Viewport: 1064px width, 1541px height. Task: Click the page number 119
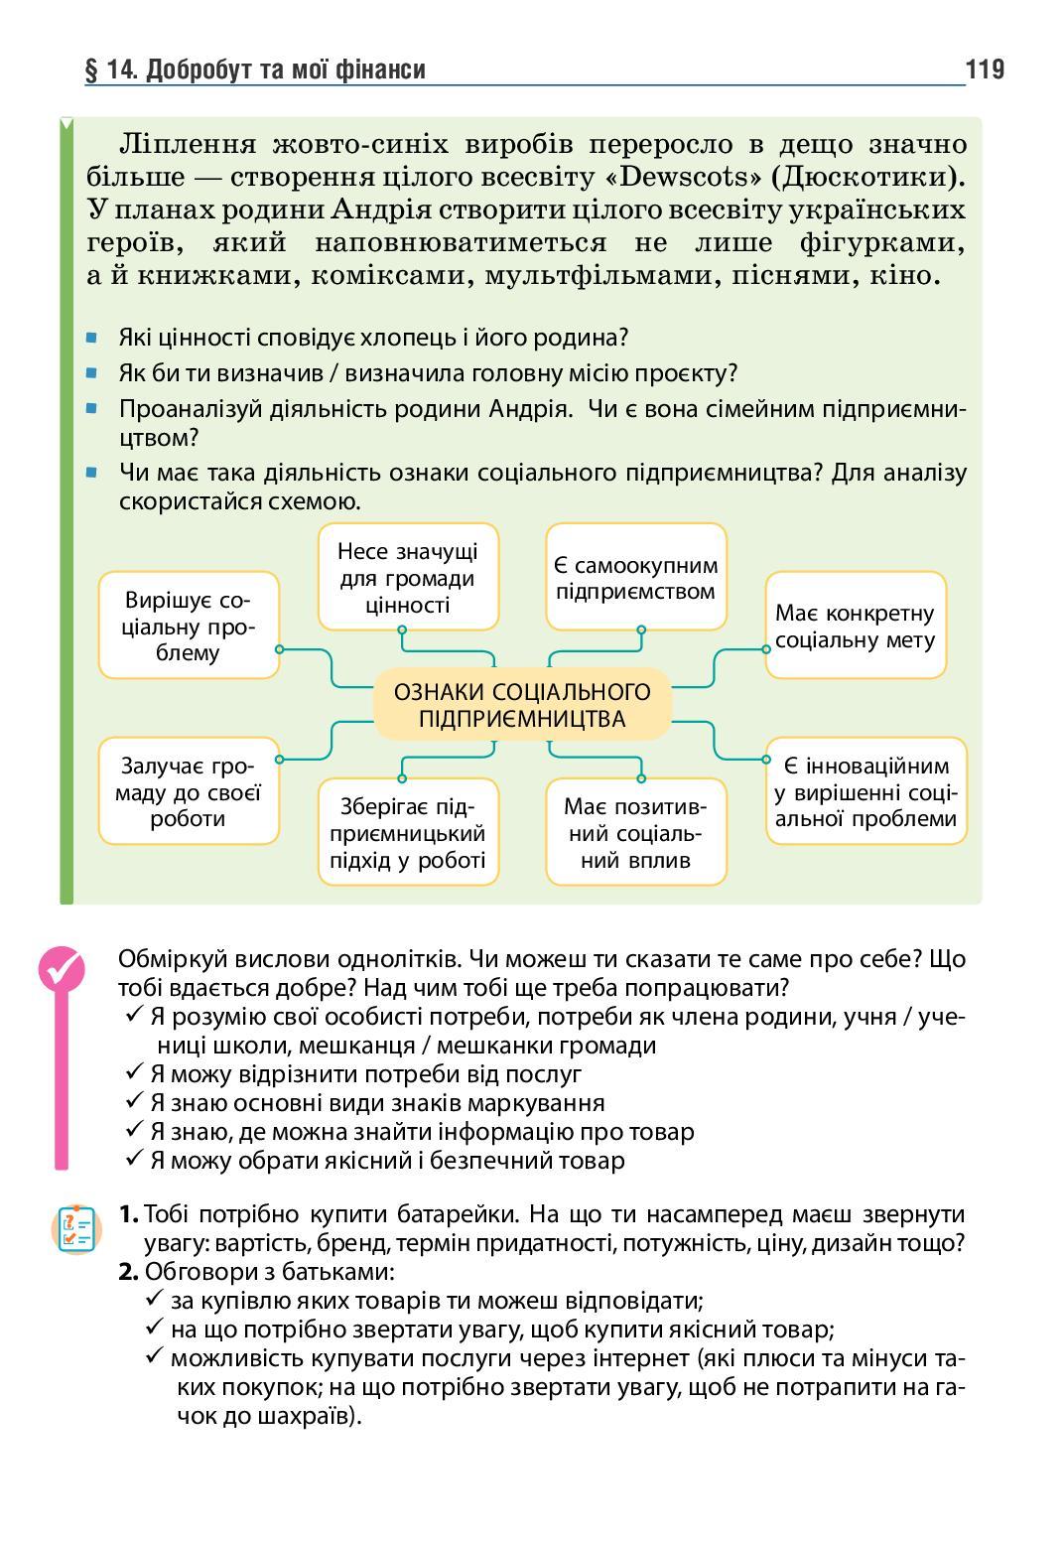pos(984,70)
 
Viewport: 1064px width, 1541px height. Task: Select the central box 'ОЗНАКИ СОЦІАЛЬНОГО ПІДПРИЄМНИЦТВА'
pos(522,705)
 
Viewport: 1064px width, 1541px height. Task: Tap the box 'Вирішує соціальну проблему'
pos(189,627)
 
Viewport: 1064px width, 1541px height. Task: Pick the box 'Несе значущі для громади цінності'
pos(408,578)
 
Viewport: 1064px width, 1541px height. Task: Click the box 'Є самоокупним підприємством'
pos(635,578)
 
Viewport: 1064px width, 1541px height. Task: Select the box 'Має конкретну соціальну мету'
pos(856,627)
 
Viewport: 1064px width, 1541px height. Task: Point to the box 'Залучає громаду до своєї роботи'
pos(189,791)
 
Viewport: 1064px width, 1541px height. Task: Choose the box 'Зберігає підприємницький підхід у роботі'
pos(408,832)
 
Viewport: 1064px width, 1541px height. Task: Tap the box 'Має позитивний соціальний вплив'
pos(635,832)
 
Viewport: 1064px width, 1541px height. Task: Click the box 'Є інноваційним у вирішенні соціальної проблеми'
pos(866,791)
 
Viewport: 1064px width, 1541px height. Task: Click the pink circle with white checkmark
pos(62,967)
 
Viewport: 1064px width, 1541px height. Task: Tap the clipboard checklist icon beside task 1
pos(76,1229)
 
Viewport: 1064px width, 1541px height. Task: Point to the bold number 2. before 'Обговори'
pos(129,1272)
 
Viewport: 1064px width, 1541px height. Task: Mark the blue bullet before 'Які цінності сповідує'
pos(92,338)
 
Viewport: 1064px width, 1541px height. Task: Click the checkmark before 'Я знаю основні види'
pos(136,1101)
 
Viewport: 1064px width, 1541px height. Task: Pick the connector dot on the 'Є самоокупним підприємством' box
pos(641,630)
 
